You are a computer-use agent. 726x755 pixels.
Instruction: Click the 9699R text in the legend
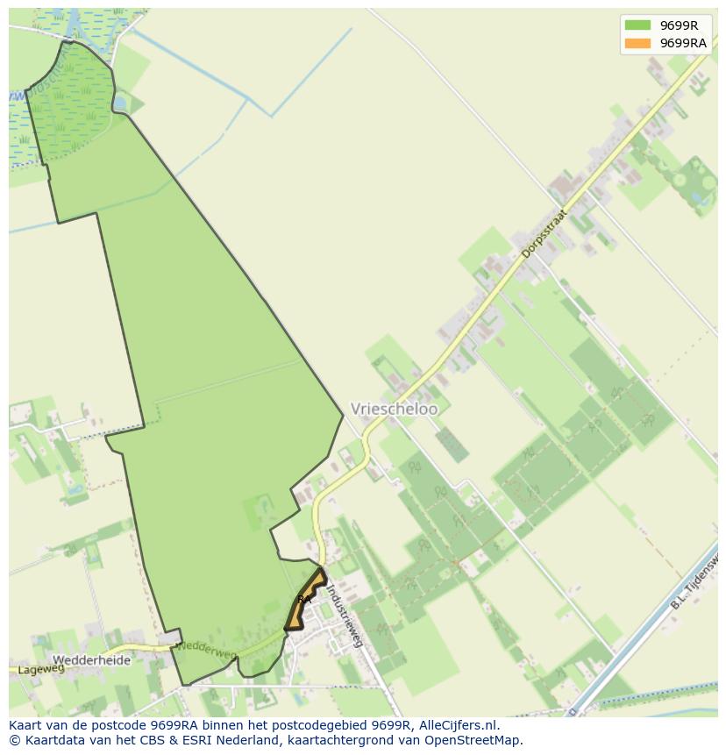click(x=679, y=25)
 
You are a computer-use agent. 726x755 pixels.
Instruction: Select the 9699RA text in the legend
click(x=683, y=43)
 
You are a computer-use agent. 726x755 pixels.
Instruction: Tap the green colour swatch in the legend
click(x=637, y=25)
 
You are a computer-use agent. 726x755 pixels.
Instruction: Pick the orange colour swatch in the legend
click(x=637, y=43)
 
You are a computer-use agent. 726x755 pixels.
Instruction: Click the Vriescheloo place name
click(x=394, y=409)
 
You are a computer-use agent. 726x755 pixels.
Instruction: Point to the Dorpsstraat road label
click(x=544, y=232)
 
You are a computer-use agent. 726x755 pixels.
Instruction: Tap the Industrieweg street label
click(x=345, y=616)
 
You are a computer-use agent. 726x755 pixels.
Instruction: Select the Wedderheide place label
click(x=91, y=660)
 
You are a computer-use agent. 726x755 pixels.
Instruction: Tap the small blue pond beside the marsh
click(x=119, y=103)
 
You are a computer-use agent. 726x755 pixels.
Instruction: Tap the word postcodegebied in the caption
click(x=317, y=725)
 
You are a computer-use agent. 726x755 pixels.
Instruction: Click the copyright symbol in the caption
click(x=14, y=740)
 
